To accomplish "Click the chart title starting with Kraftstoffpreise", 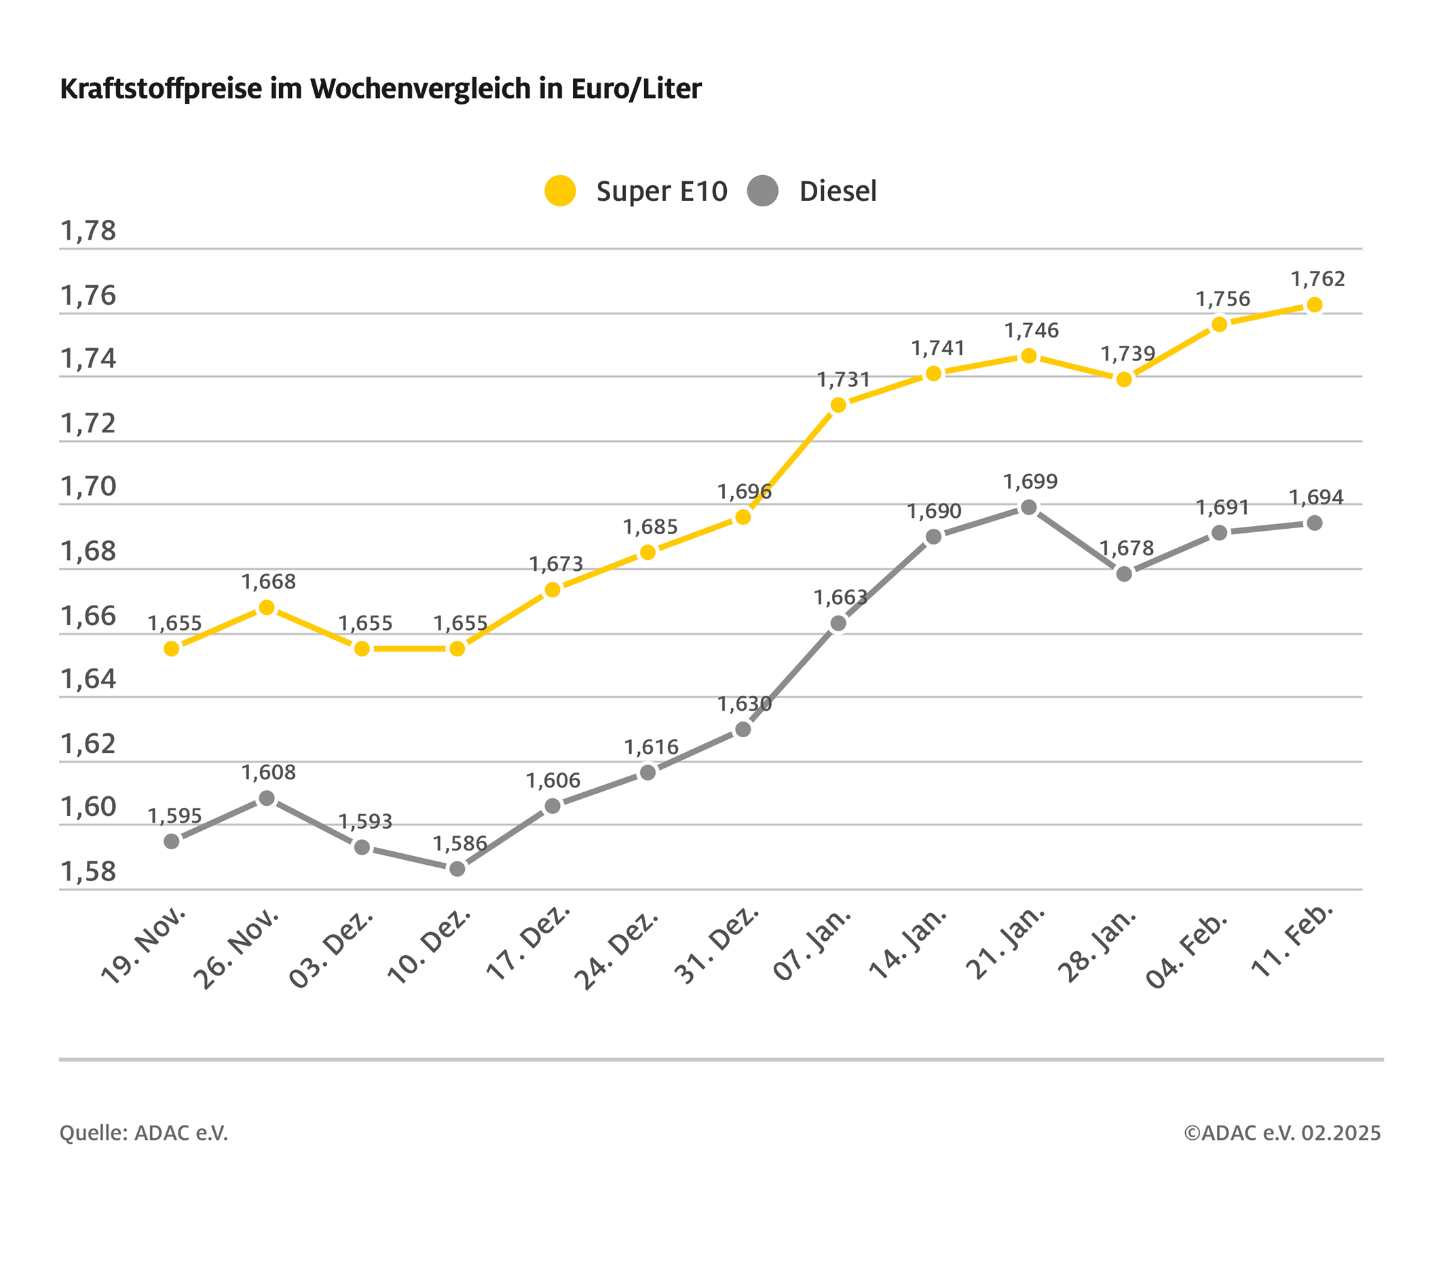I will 381,89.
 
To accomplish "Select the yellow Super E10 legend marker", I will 560,191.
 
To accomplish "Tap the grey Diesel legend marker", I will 762,191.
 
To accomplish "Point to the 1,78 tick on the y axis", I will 88,231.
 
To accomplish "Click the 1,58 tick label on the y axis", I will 88,872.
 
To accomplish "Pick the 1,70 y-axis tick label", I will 88,487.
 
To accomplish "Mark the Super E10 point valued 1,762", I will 1315,305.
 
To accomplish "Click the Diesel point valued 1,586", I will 457,869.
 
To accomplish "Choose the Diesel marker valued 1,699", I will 1028,508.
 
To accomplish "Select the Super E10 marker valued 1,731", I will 838,405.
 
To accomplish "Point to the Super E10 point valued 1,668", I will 267,608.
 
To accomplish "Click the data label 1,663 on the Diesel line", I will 840,598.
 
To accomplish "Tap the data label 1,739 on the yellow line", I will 1127,354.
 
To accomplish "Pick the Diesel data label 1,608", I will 268,772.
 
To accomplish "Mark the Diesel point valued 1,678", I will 1124,575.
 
